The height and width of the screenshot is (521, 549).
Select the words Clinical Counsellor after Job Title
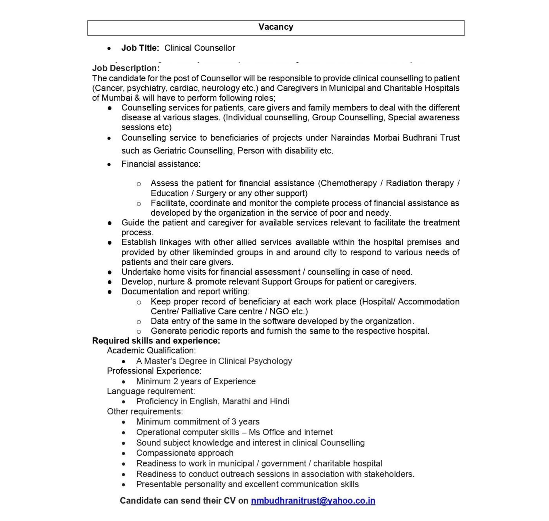[x=200, y=48]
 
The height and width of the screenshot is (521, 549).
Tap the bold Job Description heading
[x=126, y=68]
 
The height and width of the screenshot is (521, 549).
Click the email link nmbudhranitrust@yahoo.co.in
[x=313, y=500]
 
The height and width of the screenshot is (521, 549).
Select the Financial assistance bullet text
[x=161, y=164]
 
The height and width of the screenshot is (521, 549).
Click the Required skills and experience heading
[x=156, y=341]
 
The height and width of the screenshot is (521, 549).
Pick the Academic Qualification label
[x=151, y=351]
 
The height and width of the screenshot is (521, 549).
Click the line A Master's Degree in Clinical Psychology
[x=214, y=361]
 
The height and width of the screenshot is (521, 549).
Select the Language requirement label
[x=151, y=391]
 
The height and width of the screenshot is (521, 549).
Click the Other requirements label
[x=145, y=411]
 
